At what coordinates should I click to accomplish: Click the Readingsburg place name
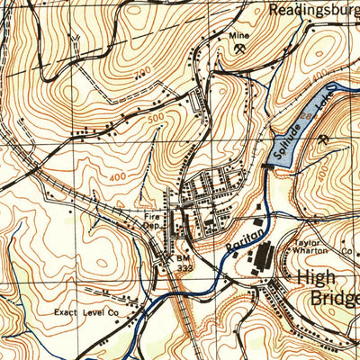tap(313, 11)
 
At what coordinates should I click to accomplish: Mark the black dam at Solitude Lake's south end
tap(268, 165)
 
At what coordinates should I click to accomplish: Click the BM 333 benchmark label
tap(184, 261)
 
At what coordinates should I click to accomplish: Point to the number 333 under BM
tap(184, 266)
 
